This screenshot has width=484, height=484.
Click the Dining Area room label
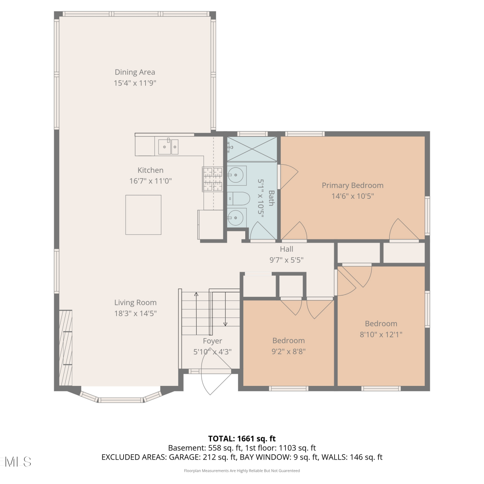click(135, 72)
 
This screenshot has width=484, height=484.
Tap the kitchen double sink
click(168, 147)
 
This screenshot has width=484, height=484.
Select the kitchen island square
click(143, 215)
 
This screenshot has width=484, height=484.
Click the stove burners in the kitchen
click(213, 179)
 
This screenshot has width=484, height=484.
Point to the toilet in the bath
click(238, 199)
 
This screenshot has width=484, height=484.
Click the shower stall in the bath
click(252, 149)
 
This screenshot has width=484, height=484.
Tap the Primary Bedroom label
click(353, 186)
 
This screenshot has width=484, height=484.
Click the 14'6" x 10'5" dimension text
click(353, 196)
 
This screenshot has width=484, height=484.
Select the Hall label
click(287, 249)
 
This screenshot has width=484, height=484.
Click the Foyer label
click(212, 341)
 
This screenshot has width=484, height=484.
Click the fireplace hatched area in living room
click(66, 348)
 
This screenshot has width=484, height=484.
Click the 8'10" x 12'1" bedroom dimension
click(381, 335)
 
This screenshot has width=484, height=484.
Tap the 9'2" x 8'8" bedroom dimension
click(288, 351)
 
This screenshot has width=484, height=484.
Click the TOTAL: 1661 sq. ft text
click(242, 439)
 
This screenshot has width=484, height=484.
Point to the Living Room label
click(136, 303)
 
